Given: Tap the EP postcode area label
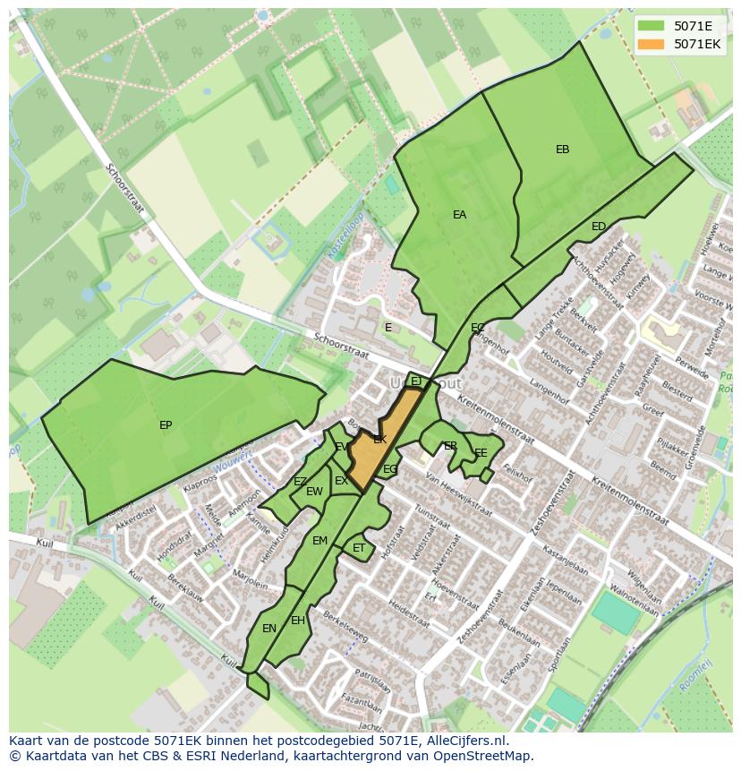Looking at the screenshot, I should pos(166,425).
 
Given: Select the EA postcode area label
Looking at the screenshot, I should pos(459,215).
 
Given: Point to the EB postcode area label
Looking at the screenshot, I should pos(562,150).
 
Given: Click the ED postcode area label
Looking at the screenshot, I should pos(599,227).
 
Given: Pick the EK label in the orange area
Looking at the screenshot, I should pos(380,440).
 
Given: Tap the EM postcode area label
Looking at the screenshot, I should pos(319,541).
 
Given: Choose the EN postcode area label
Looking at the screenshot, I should pos(269,629).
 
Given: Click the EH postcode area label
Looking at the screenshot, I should pos(298,621).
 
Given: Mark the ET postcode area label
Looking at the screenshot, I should pos(359,548).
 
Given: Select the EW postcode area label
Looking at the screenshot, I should pos(314,492).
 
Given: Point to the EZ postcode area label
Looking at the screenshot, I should pos(300,482).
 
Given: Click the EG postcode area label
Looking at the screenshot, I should pos(390,469).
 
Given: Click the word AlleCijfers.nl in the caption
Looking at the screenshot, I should pos(466,741).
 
